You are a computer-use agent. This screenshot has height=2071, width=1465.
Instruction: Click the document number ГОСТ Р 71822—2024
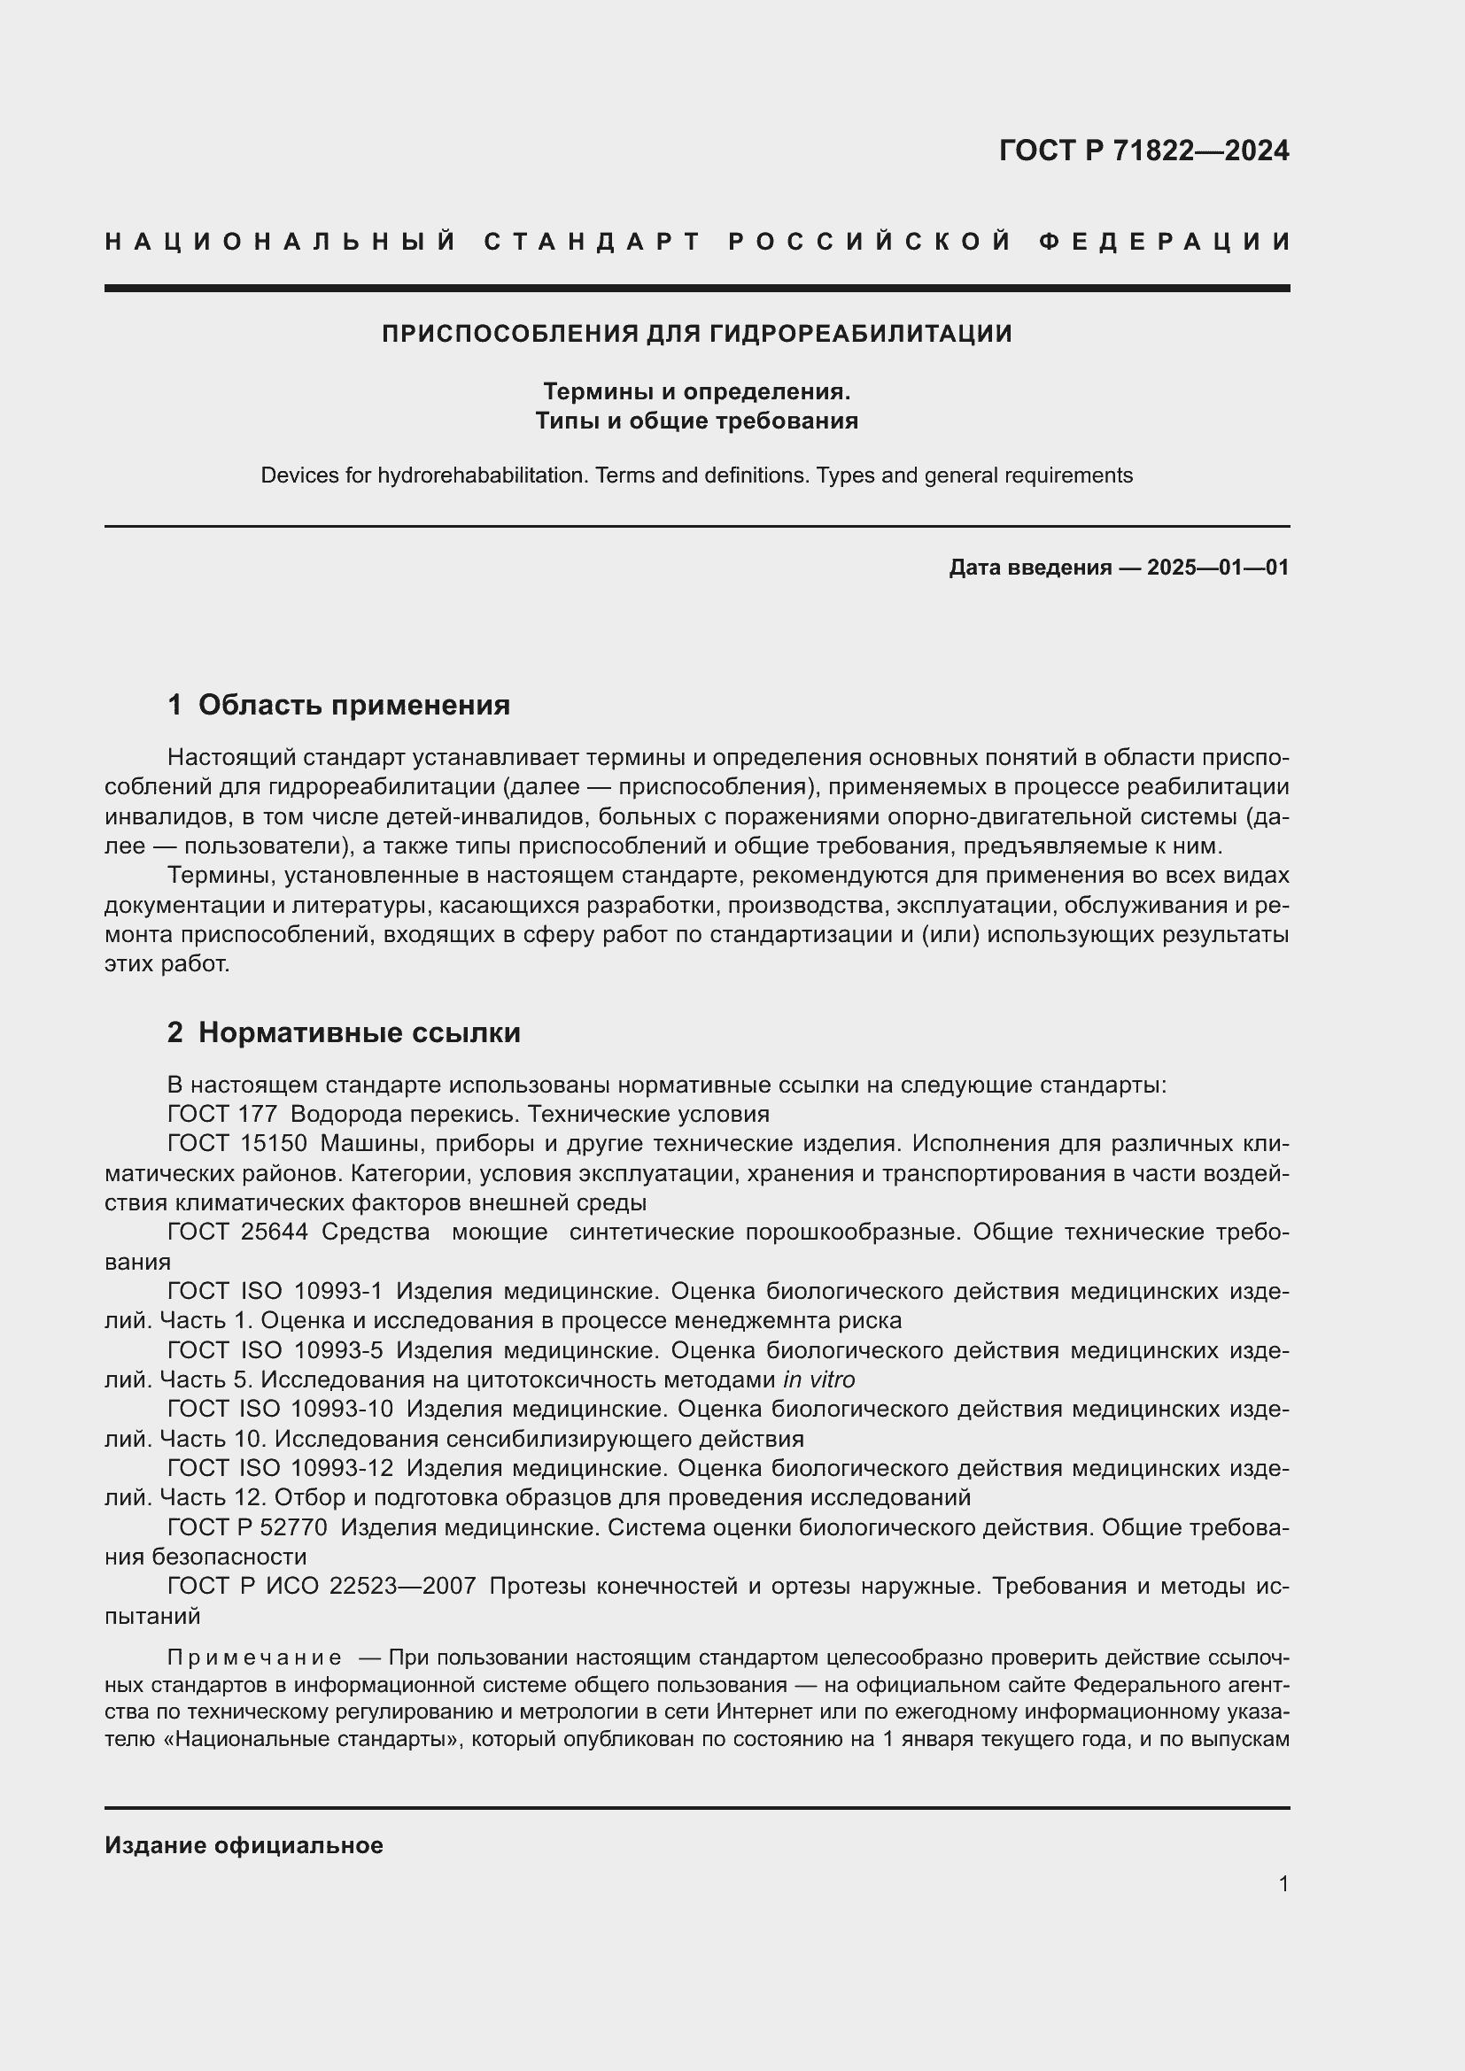(1143, 151)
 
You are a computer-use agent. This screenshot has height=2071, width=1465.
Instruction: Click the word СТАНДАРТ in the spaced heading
(593, 242)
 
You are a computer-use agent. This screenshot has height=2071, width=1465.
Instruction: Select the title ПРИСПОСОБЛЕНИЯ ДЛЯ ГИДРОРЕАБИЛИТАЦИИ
(696, 334)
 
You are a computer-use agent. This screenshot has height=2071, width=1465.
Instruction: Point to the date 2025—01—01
(1218, 568)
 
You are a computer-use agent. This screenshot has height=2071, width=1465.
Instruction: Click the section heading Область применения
(353, 705)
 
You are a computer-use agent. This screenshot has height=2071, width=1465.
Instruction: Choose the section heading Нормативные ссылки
(359, 1032)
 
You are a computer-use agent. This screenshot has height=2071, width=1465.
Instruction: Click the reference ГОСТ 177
(222, 1114)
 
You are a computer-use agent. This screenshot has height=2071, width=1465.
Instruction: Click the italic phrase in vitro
(819, 1379)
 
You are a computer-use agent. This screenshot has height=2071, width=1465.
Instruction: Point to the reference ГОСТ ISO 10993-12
(281, 1467)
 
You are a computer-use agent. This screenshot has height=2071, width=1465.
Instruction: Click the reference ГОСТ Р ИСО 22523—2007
(322, 1586)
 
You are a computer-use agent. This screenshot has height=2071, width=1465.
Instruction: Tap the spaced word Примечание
(254, 1658)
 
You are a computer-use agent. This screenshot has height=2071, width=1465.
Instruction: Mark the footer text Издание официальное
(244, 1845)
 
